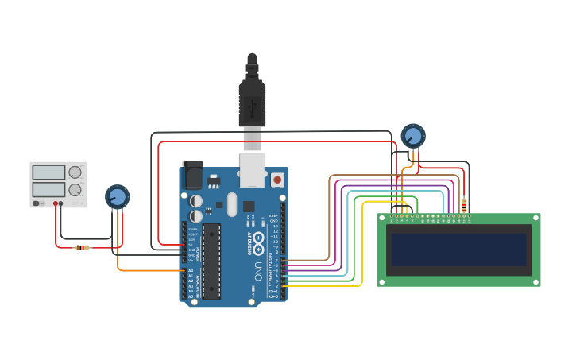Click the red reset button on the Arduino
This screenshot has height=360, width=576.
277,180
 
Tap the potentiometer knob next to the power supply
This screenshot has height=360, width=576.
117,196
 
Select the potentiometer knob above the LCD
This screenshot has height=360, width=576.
412,136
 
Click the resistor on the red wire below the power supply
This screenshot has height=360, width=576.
82,247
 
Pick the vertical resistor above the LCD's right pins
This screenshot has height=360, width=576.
464,206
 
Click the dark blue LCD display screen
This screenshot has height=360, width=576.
458,250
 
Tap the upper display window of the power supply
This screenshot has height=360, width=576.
48,172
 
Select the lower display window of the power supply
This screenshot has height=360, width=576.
48,190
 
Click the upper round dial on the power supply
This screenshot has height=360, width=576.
75,172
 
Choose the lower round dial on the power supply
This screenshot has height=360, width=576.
75,190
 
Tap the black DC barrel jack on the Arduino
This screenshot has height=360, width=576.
192,175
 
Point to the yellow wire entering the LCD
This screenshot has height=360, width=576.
363,238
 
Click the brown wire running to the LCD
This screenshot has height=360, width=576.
330,215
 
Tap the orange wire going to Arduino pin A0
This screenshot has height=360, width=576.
151,271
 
